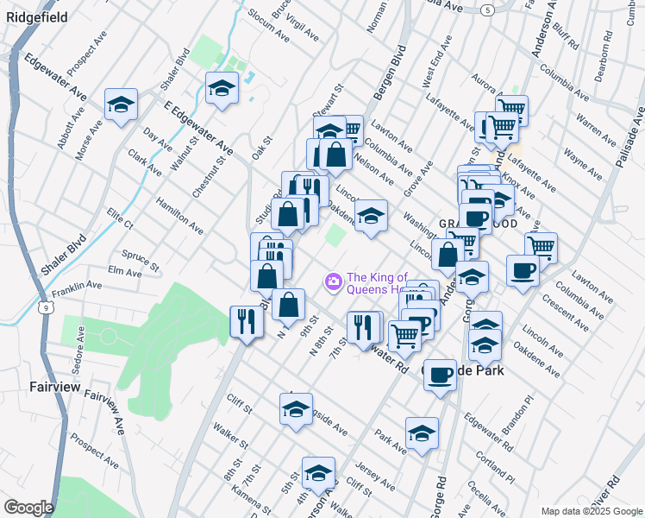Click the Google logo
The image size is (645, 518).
click(28, 508)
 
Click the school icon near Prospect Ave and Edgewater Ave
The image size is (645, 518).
click(121, 104)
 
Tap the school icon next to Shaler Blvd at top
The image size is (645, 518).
click(222, 87)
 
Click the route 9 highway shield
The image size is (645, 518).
click(43, 306)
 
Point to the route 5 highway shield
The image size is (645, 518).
click(488, 9)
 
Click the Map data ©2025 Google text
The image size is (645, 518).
click(591, 510)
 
